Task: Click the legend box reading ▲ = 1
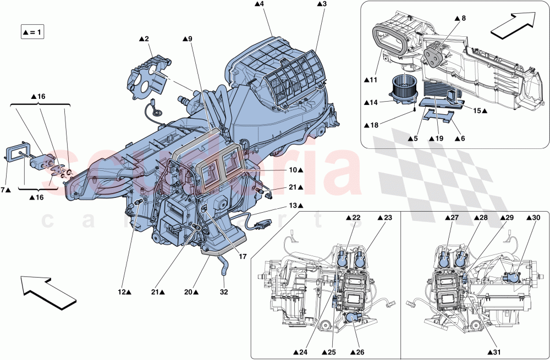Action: point(32,32)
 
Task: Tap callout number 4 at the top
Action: point(259,4)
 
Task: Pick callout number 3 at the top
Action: point(322,4)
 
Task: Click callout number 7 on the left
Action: point(5,190)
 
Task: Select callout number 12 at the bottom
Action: point(126,292)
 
